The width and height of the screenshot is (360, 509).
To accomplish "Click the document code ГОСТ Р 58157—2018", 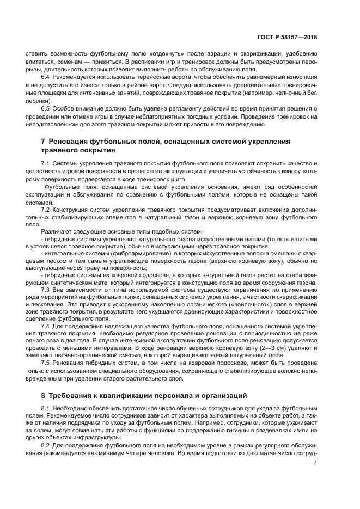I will (288, 38).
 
